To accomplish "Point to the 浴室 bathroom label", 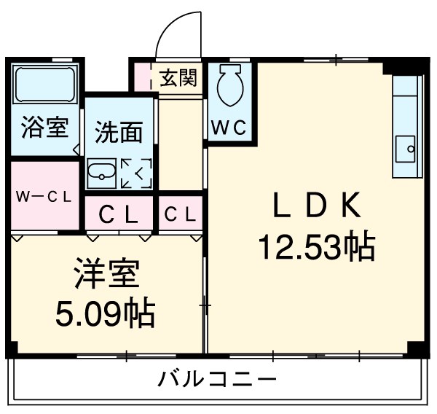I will (x=44, y=127).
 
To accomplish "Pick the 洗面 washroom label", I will (x=118, y=133).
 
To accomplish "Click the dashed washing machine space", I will (x=135, y=173).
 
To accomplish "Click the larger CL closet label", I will (x=118, y=214).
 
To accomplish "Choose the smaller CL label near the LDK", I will (x=179, y=214).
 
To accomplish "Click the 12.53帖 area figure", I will (x=315, y=248).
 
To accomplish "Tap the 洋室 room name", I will (x=106, y=278).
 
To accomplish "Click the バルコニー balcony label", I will (x=218, y=379).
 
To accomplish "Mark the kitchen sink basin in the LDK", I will (x=404, y=149).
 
